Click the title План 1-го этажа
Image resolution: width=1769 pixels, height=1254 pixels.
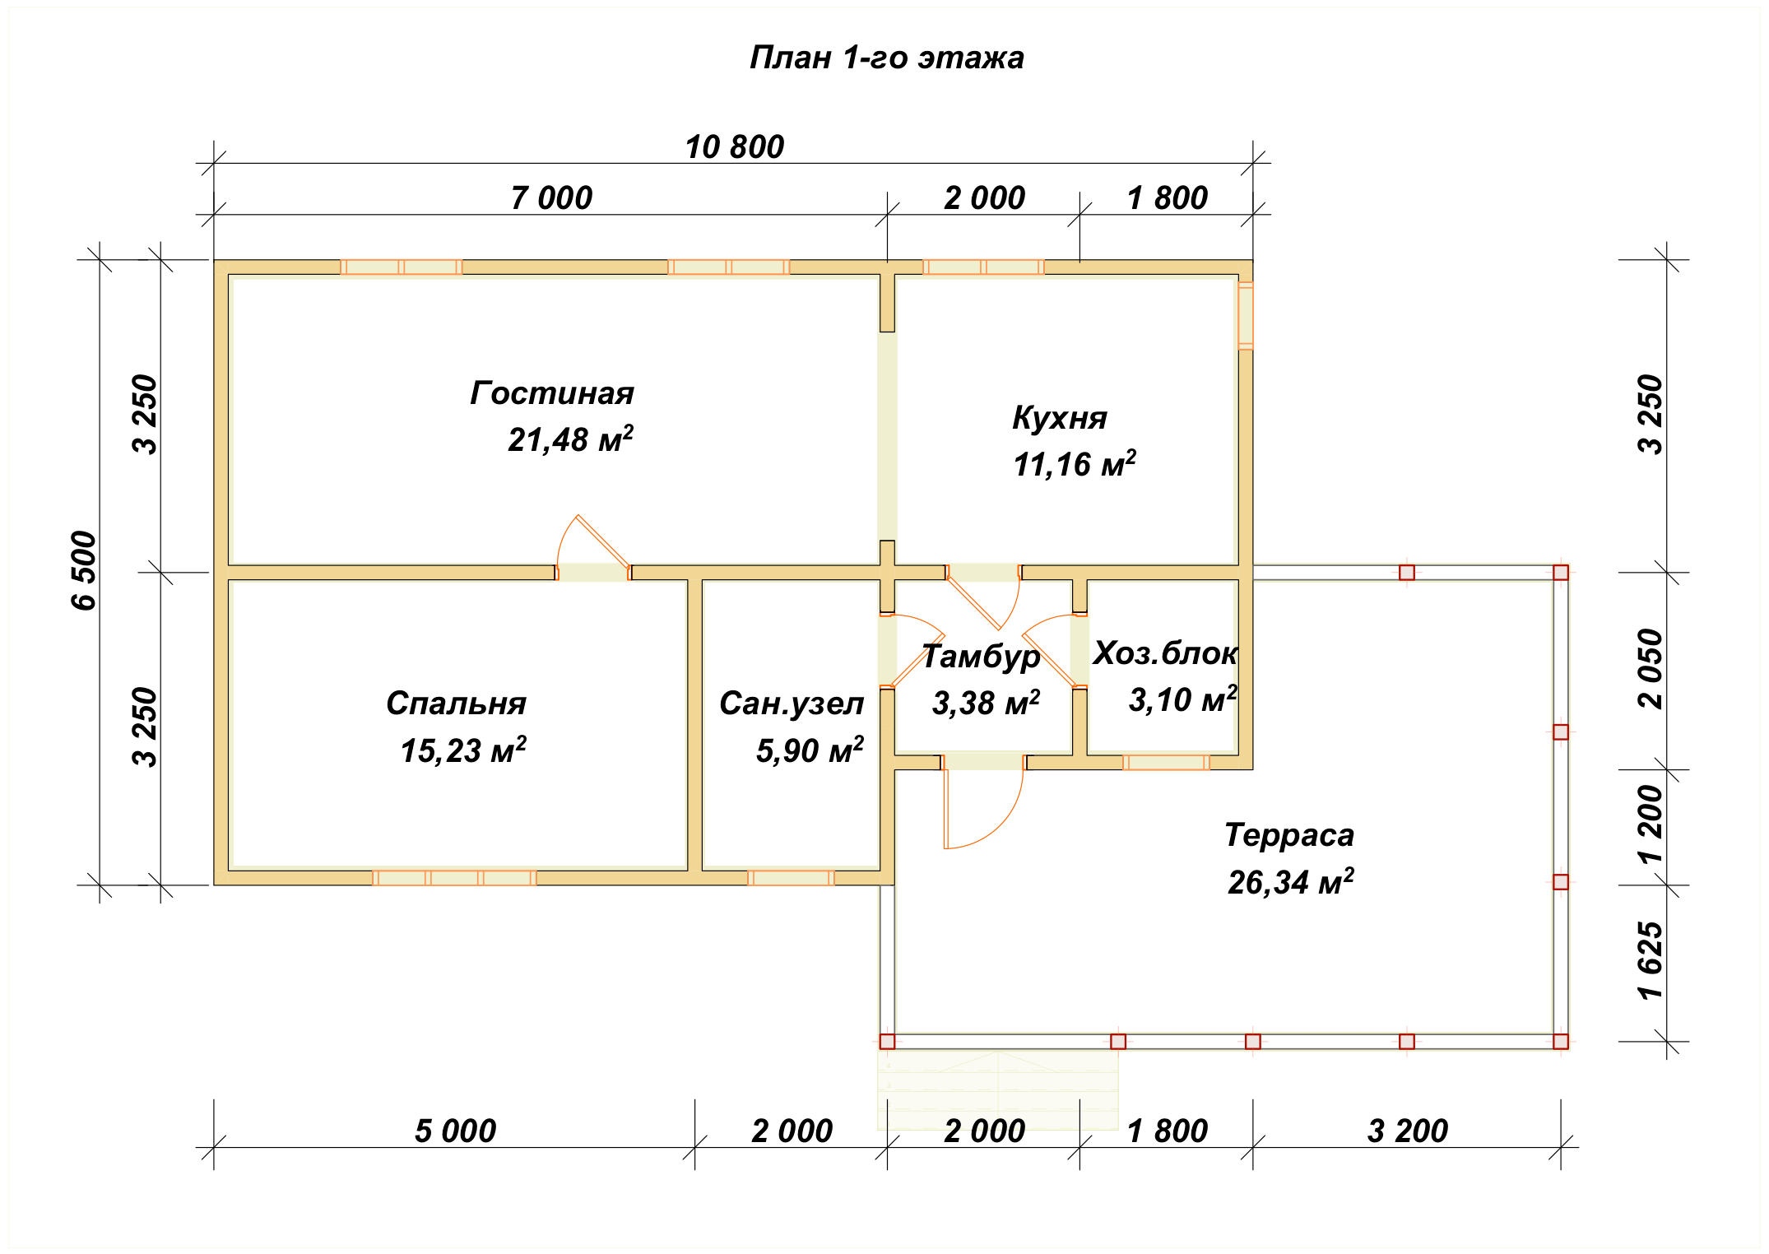(886, 58)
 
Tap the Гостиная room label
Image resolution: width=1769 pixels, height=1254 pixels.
(552, 393)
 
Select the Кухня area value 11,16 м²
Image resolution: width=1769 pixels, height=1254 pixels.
(1075, 464)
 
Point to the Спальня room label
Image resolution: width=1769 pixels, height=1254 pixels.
(456, 704)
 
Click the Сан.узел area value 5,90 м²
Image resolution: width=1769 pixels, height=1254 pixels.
(810, 750)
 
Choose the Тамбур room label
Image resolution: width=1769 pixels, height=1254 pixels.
(981, 657)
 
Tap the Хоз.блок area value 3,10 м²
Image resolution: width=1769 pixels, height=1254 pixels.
(1182, 699)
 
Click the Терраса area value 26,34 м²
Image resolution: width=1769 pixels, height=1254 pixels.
(1290, 881)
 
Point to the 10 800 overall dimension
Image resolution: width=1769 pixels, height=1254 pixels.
(735, 147)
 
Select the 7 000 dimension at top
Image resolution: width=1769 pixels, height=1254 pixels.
(551, 198)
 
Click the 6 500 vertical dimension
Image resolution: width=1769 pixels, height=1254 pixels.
(85, 570)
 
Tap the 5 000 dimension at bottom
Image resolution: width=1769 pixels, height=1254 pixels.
(455, 1131)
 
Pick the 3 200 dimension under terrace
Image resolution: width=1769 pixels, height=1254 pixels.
(1407, 1131)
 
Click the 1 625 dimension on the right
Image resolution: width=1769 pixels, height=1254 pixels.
(1650, 960)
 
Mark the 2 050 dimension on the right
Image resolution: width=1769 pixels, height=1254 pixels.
(1650, 669)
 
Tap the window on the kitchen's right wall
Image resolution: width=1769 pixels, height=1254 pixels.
(1246, 316)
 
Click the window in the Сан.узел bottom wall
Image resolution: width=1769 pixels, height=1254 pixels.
(791, 877)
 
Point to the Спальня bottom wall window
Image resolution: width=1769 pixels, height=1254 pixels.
(454, 877)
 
